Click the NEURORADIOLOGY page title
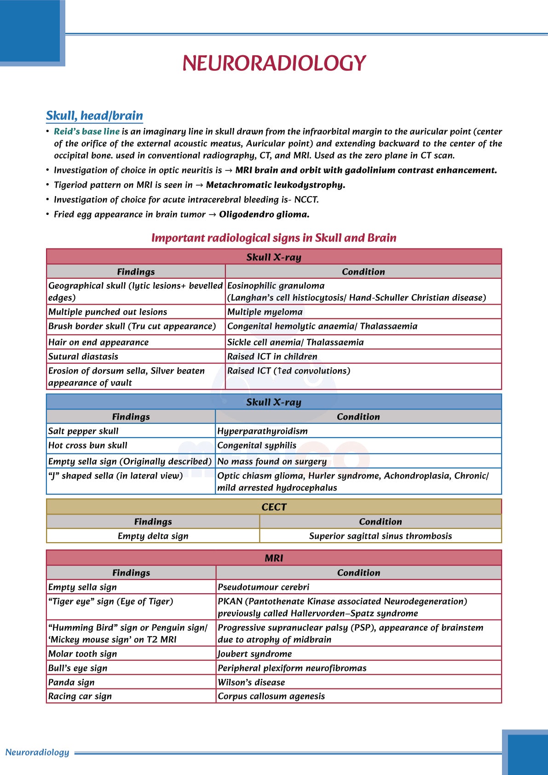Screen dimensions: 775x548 274,63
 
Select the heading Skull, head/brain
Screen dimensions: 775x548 94,116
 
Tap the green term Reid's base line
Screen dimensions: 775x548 87,132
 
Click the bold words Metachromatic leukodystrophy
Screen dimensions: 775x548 275,185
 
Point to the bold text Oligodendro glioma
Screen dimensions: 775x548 264,214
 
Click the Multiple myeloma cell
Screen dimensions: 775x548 265,312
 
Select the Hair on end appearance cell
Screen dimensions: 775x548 98,342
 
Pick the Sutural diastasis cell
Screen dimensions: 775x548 83,357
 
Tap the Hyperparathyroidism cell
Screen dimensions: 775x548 262,431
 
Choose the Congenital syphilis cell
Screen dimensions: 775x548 257,445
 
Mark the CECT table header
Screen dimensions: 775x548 274,507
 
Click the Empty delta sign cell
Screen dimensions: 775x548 153,536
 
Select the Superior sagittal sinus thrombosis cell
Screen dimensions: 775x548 380,536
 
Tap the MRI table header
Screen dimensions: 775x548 274,558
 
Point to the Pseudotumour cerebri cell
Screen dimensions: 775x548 263,587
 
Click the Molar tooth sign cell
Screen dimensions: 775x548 83,654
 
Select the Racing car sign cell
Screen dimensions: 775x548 80,697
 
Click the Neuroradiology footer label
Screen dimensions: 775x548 37,752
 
